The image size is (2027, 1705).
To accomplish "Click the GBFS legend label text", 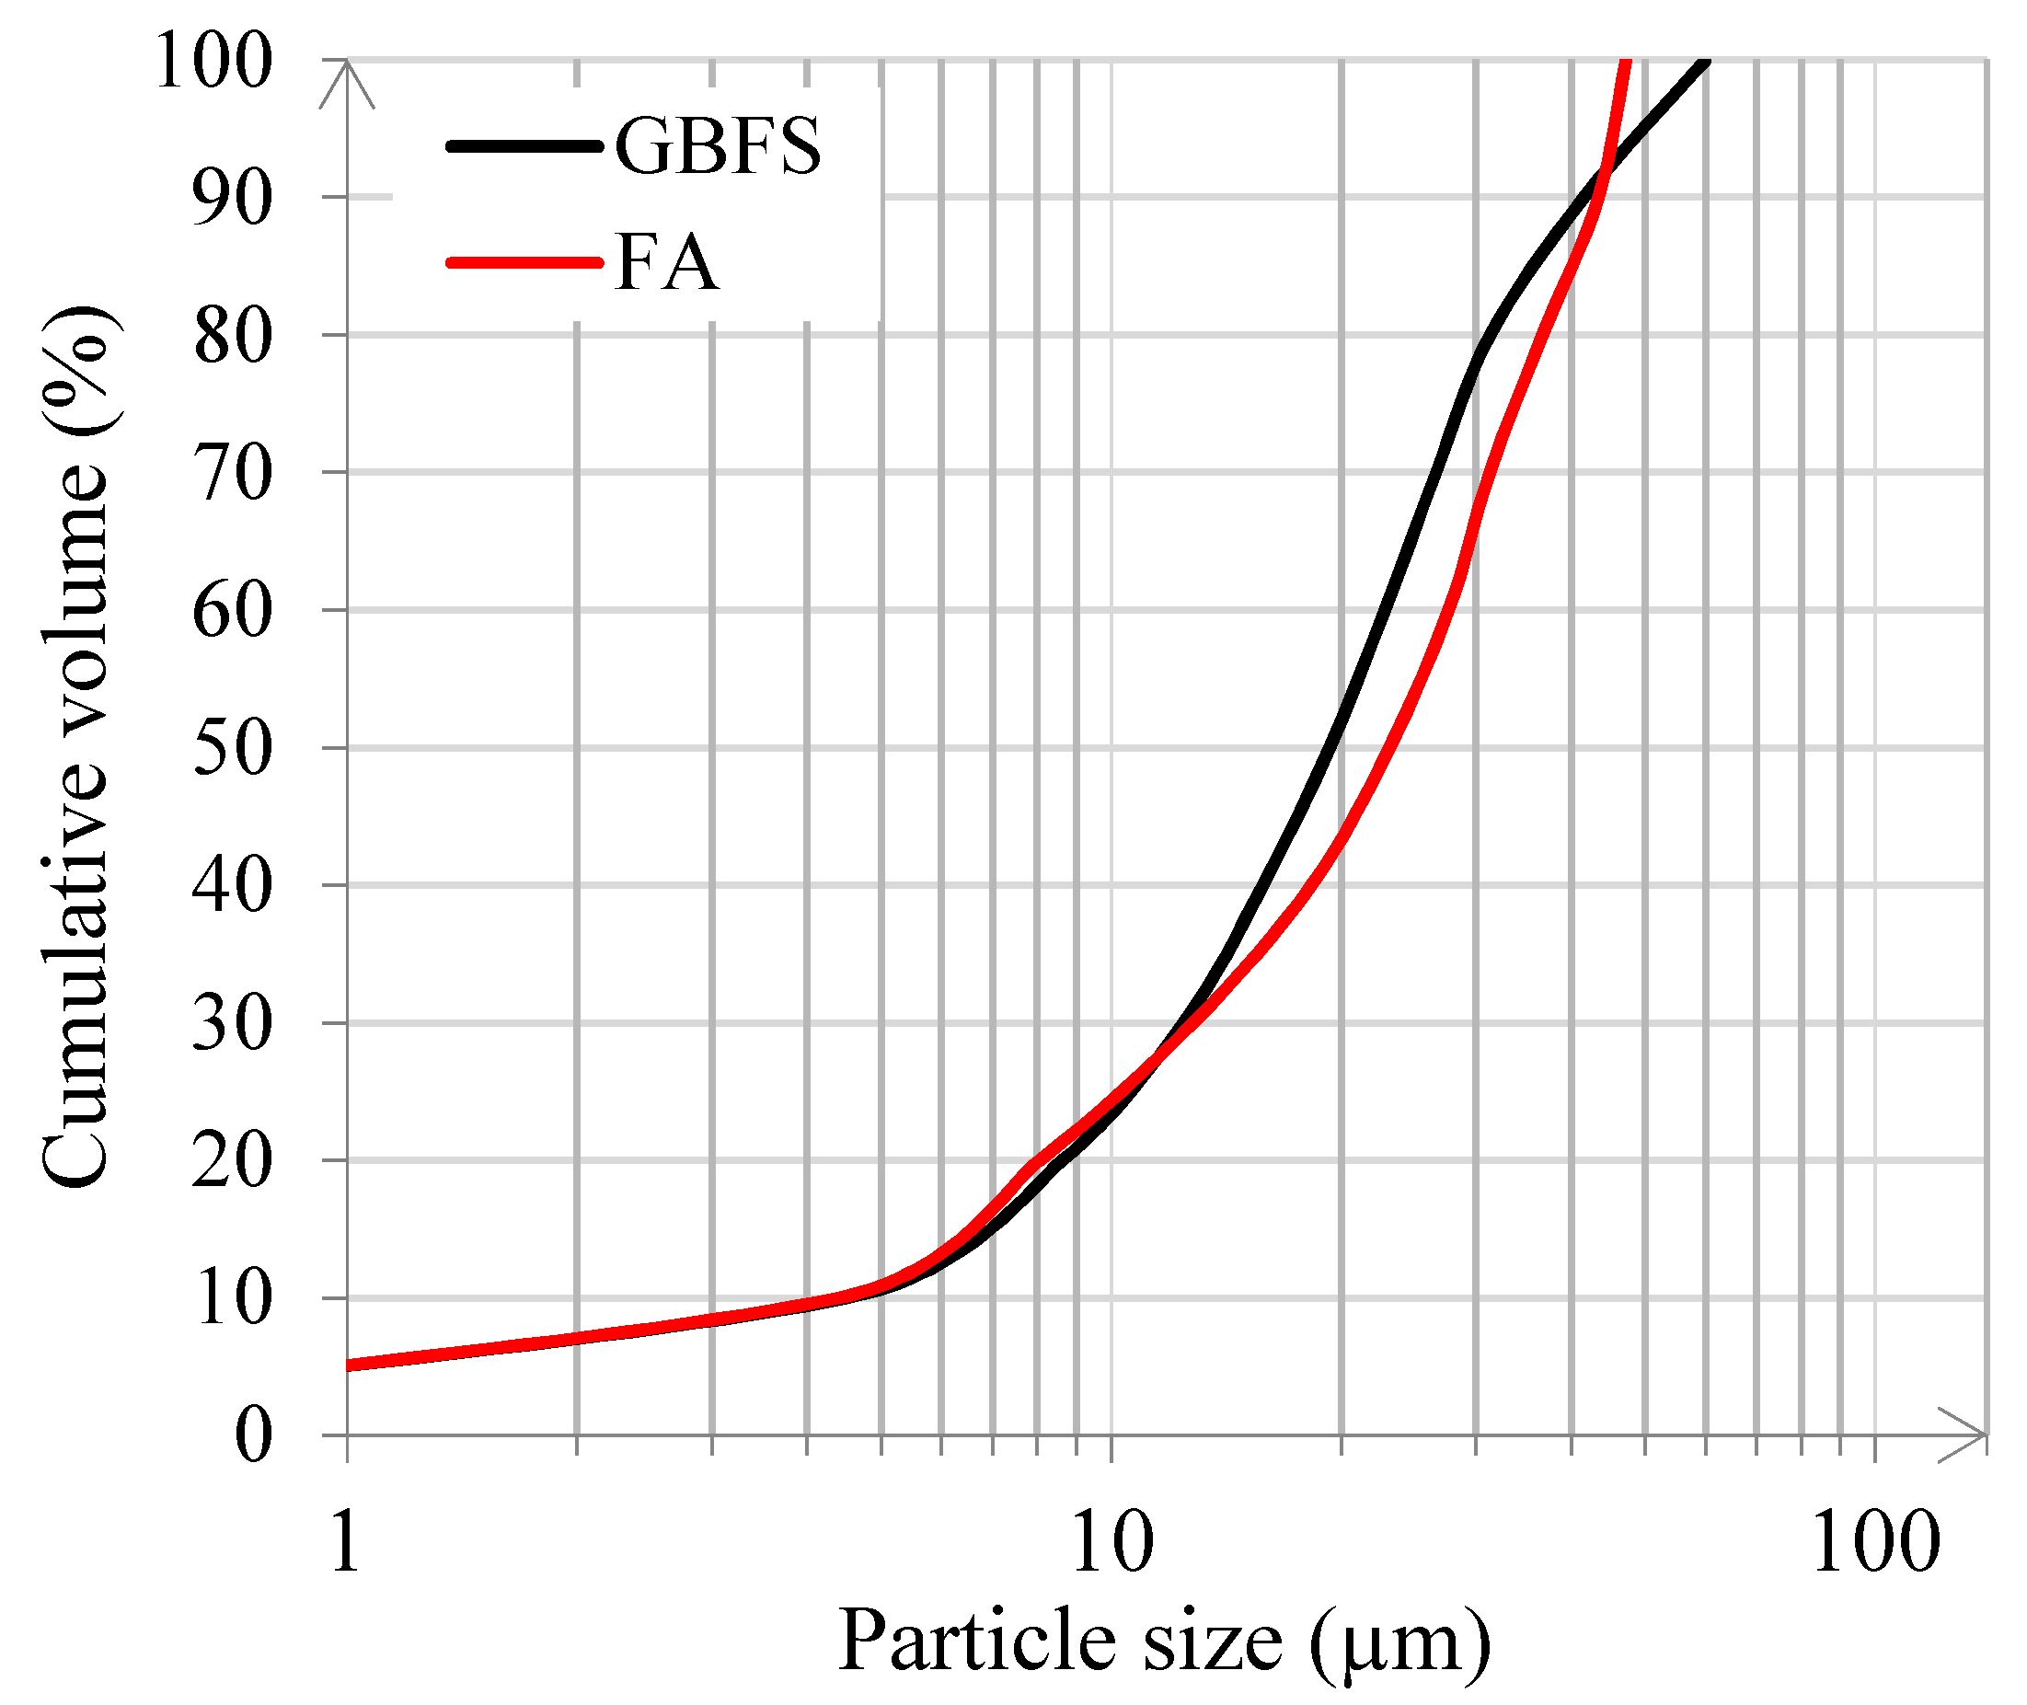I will point(718,147).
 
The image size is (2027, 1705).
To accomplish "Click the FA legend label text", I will point(667,263).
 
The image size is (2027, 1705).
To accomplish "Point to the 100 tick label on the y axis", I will point(213,60).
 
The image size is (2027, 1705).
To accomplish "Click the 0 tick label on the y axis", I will point(253,1436).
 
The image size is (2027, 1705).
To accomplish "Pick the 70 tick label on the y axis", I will point(232,474).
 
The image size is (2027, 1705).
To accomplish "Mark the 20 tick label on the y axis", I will point(232,1162).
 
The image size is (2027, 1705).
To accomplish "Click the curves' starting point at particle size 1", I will point(349,1365).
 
